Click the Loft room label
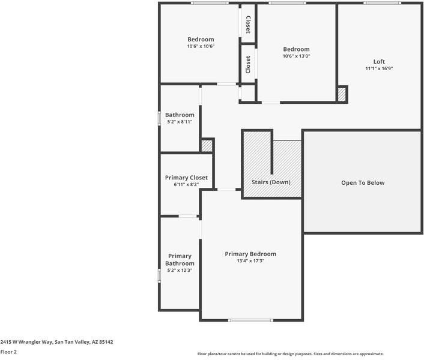point(379,61)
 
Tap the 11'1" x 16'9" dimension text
point(379,68)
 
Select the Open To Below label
point(363,183)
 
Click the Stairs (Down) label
point(271,182)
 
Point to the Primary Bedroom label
point(250,254)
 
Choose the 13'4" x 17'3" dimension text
point(250,261)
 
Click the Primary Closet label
point(186,178)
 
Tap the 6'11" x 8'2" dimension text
point(186,185)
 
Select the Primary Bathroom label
point(180,260)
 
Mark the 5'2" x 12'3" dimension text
point(180,271)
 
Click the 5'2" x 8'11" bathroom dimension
point(180,122)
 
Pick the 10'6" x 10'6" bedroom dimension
point(201,46)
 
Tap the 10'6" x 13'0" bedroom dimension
point(296,56)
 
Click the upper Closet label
point(248,25)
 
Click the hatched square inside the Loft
point(342,94)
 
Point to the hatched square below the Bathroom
point(207,146)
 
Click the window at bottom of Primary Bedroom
point(250,320)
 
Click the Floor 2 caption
point(8,352)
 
